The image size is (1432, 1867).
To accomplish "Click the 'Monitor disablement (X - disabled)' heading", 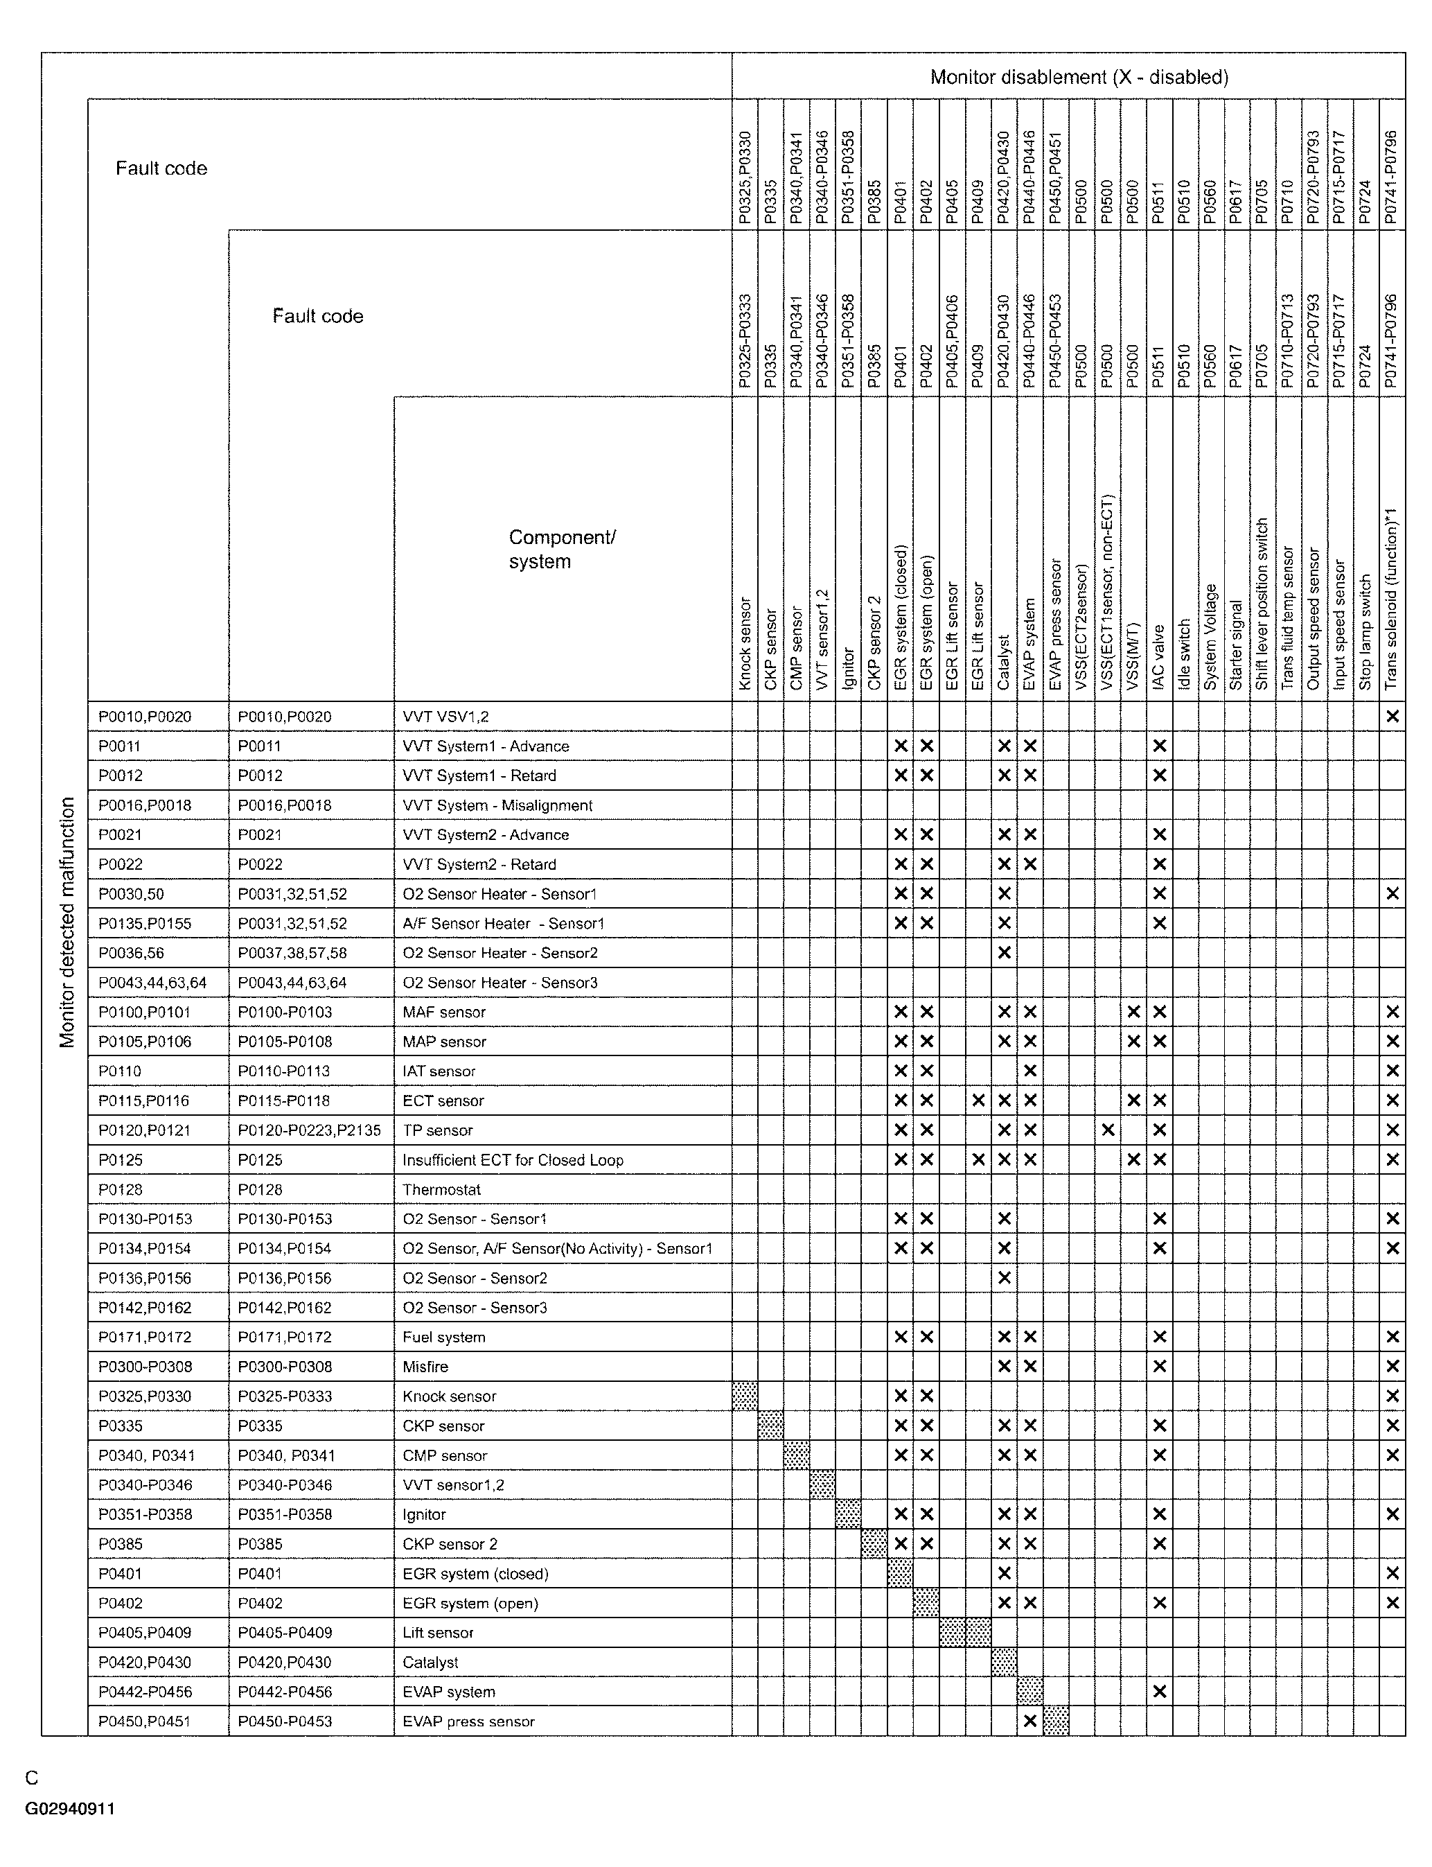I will pos(1078,78).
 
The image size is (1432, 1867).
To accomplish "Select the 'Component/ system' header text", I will pos(562,549).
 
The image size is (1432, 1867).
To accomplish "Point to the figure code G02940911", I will pos(70,1808).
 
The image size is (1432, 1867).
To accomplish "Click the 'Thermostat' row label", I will pos(441,1189).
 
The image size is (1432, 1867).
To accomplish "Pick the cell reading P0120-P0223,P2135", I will pos(308,1130).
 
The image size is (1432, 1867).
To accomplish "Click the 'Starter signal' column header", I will pos(1236,645).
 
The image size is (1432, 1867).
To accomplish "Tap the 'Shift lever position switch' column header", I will pos(1262,604).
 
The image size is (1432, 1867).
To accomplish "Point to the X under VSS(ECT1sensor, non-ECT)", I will pos(1107,1130).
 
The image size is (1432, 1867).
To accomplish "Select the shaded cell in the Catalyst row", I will pos(1004,1663).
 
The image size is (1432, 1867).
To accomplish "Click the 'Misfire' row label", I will pos(425,1367).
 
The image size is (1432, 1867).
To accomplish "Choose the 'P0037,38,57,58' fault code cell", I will pos(292,953).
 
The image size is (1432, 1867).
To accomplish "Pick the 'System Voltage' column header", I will pos(1210,637).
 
